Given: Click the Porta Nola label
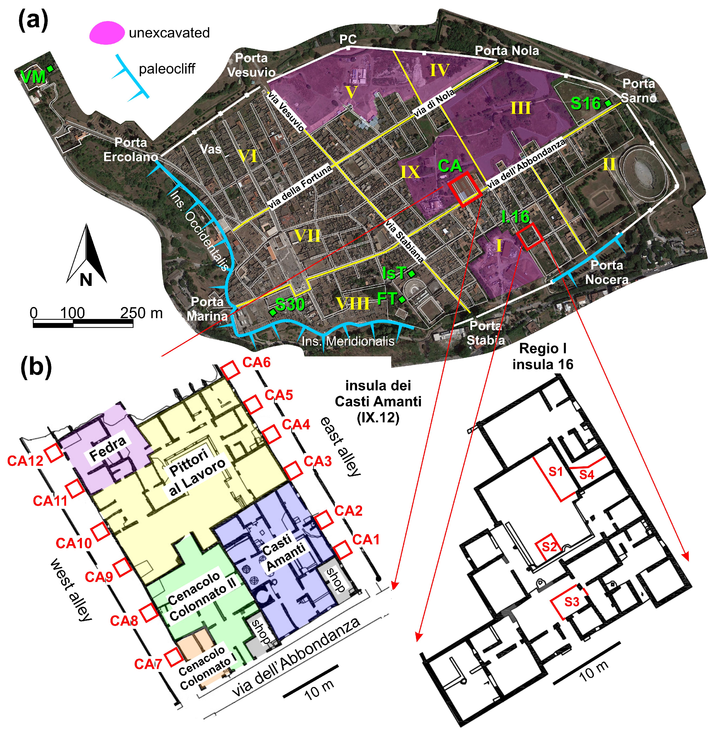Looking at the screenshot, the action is tap(507, 51).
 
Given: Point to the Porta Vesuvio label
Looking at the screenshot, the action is tap(251, 65).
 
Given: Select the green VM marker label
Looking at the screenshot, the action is tap(33, 77).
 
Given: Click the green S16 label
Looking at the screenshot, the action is tap(586, 104).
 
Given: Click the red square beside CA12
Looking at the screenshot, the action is tap(54, 453).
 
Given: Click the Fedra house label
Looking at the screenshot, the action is tap(108, 449).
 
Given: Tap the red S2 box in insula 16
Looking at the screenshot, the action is tap(549, 546).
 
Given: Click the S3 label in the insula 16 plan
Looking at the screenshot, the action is tap(572, 601).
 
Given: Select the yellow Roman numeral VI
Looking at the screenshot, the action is tap(248, 156).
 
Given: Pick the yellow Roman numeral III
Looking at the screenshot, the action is tap(521, 108).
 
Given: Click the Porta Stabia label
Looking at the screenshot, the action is tap(486, 333).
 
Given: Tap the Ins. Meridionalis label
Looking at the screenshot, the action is tap(348, 341).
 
